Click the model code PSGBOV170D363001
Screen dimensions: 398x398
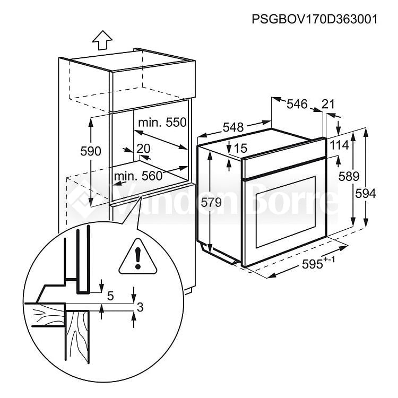point(315,19)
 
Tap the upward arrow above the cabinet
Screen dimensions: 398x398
point(102,40)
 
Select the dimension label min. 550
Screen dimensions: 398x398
point(162,123)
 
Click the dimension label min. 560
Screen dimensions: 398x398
point(138,176)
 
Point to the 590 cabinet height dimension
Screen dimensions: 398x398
point(91,151)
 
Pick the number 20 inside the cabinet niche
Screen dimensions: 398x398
point(143,149)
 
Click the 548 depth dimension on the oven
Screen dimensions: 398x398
point(233,127)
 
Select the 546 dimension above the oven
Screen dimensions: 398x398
point(297,104)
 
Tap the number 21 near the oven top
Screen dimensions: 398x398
point(328,104)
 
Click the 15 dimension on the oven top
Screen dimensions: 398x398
point(240,148)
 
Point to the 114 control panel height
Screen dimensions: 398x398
point(339,145)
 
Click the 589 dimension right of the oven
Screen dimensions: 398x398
point(349,176)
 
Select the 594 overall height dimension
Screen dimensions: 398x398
point(366,194)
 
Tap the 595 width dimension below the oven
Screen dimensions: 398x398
point(312,264)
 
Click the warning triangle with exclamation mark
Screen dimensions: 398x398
point(138,257)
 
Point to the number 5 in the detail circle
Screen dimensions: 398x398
point(110,296)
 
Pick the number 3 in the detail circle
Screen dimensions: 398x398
point(140,307)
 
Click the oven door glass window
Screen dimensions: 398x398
point(285,212)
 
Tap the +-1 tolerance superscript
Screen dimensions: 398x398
point(330,259)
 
